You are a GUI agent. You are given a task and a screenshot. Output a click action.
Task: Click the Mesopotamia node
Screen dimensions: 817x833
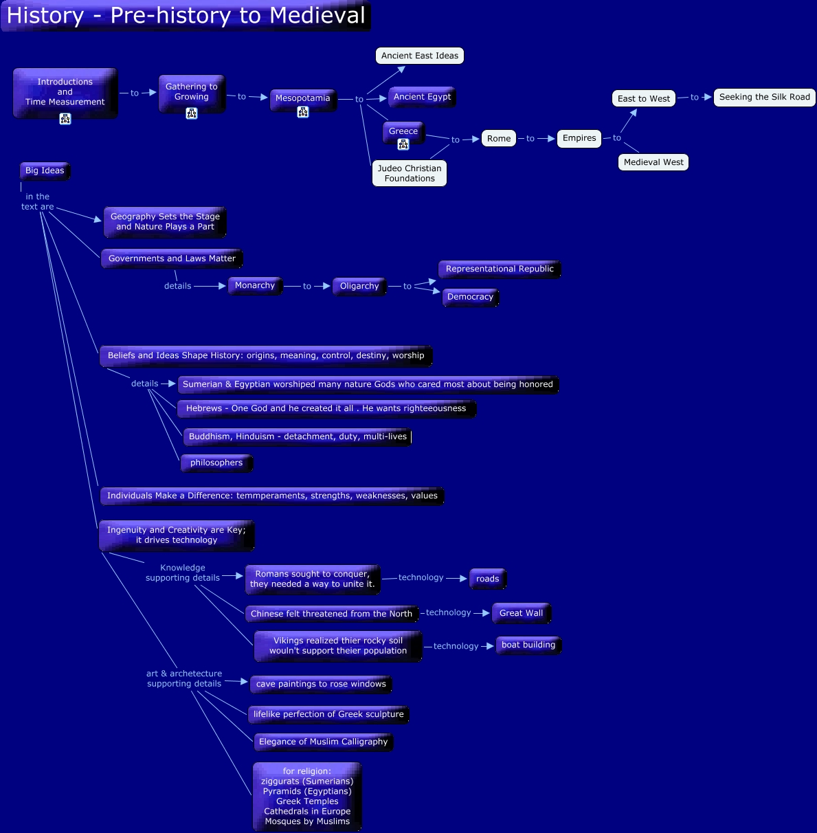tap(302, 98)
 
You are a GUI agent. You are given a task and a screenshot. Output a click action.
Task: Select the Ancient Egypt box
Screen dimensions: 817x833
tap(422, 97)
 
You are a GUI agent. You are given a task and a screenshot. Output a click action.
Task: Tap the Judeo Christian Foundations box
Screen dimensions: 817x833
tap(410, 173)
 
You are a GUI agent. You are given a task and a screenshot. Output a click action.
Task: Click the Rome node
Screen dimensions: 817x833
tap(499, 139)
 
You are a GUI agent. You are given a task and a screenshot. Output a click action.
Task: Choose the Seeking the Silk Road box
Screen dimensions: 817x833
tap(764, 98)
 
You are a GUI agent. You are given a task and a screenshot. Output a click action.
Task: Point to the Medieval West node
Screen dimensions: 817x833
tap(653, 162)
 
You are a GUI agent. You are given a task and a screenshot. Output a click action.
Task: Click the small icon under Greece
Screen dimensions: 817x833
tap(403, 144)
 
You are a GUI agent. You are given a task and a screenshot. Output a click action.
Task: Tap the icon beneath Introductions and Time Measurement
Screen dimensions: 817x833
tap(65, 119)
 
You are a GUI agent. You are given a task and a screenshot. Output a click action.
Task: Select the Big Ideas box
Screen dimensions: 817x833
tap(45, 170)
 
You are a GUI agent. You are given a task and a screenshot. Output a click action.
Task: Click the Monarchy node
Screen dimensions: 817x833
tap(255, 285)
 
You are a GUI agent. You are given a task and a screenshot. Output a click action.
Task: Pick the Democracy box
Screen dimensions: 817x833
tap(470, 297)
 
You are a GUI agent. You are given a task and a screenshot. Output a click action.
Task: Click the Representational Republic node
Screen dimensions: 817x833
tap(500, 269)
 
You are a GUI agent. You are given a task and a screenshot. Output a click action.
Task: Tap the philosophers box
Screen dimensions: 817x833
tap(216, 463)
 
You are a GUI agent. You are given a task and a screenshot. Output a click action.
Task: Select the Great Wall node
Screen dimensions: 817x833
tap(521, 613)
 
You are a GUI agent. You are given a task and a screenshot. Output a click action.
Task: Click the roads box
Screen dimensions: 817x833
tap(487, 579)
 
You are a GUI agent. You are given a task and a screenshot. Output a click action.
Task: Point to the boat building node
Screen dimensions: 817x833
tap(528, 645)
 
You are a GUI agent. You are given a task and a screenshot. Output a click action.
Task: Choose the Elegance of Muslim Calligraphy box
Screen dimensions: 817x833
tap(323, 742)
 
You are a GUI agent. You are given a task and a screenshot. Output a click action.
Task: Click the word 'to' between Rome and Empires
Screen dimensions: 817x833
tap(530, 139)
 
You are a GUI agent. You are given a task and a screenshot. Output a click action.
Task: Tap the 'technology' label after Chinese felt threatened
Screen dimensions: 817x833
tap(449, 612)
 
